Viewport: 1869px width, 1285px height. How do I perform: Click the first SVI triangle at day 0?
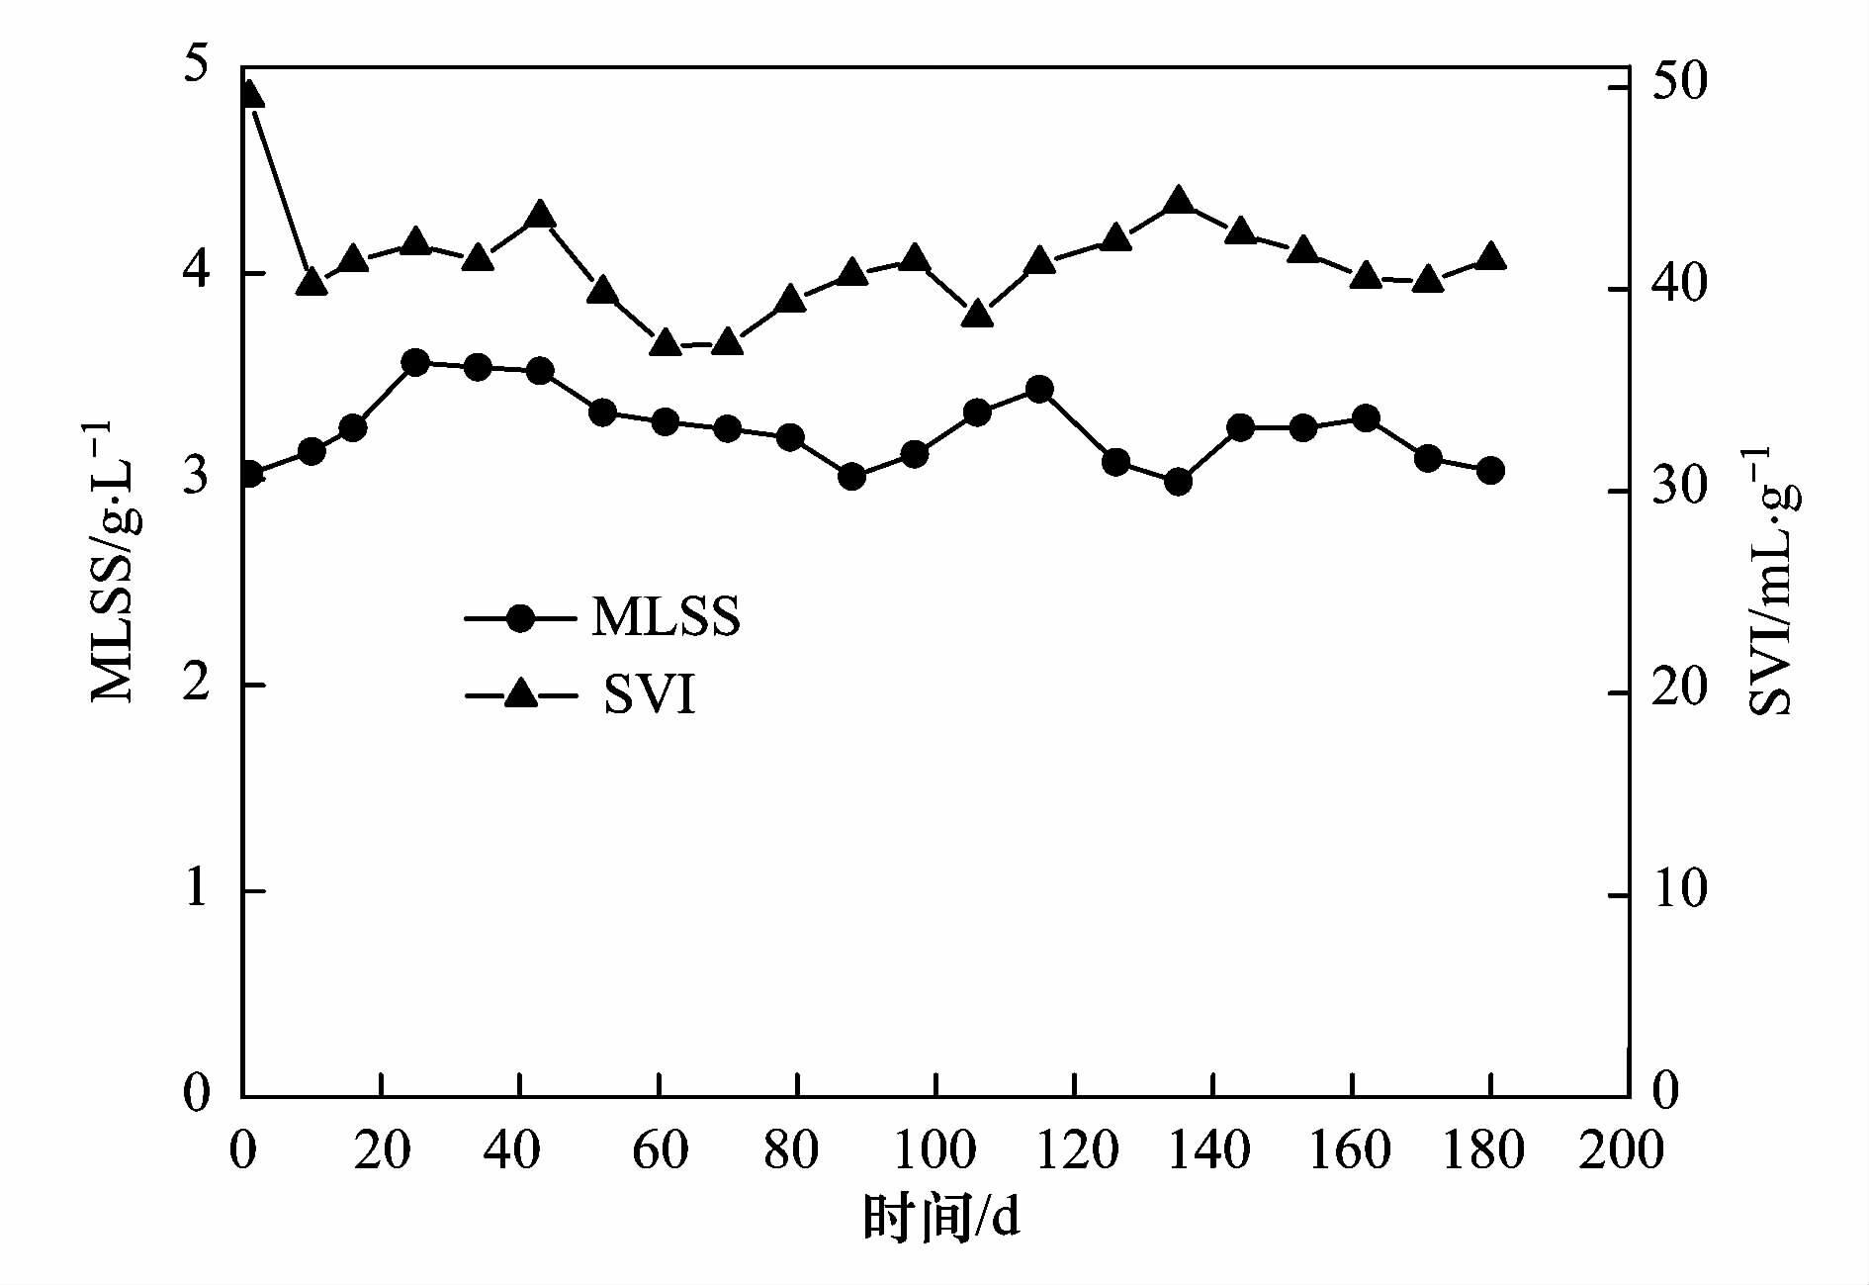pyautogui.click(x=250, y=94)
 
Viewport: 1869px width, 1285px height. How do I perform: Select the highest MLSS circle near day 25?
pyautogui.click(x=415, y=363)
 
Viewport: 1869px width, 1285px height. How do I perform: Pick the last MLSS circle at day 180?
pyautogui.click(x=1490, y=471)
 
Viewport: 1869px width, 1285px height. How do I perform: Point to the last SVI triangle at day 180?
pyautogui.click(x=1490, y=257)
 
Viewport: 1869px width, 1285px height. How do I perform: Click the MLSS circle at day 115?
pyautogui.click(x=1039, y=390)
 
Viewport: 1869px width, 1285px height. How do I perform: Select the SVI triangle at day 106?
pyautogui.click(x=977, y=315)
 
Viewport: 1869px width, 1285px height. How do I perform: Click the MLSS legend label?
pyautogui.click(x=666, y=617)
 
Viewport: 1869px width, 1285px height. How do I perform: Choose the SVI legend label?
pyautogui.click(x=650, y=695)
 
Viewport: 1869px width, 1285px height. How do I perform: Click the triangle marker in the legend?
pyautogui.click(x=520, y=695)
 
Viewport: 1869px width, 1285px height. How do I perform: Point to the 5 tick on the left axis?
pyautogui.click(x=198, y=67)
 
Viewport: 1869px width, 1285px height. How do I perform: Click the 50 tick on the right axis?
pyautogui.click(x=1679, y=85)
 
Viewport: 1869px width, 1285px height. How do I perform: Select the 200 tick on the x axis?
pyautogui.click(x=1628, y=1150)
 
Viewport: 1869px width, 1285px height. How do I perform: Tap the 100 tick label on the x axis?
pyautogui.click(x=934, y=1150)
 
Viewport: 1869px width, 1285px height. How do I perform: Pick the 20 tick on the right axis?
pyautogui.click(x=1679, y=689)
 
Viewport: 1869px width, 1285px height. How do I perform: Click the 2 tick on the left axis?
pyautogui.click(x=198, y=683)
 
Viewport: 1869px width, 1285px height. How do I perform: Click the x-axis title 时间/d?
pyautogui.click(x=940, y=1219)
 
